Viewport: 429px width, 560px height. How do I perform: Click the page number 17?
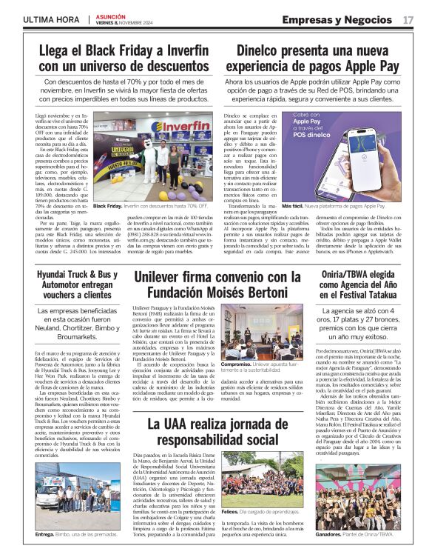pyautogui.click(x=408, y=19)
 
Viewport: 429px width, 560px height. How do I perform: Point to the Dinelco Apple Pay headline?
pyautogui.click(x=318, y=59)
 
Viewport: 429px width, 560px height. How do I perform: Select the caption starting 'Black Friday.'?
pyautogui.click(x=150, y=206)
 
